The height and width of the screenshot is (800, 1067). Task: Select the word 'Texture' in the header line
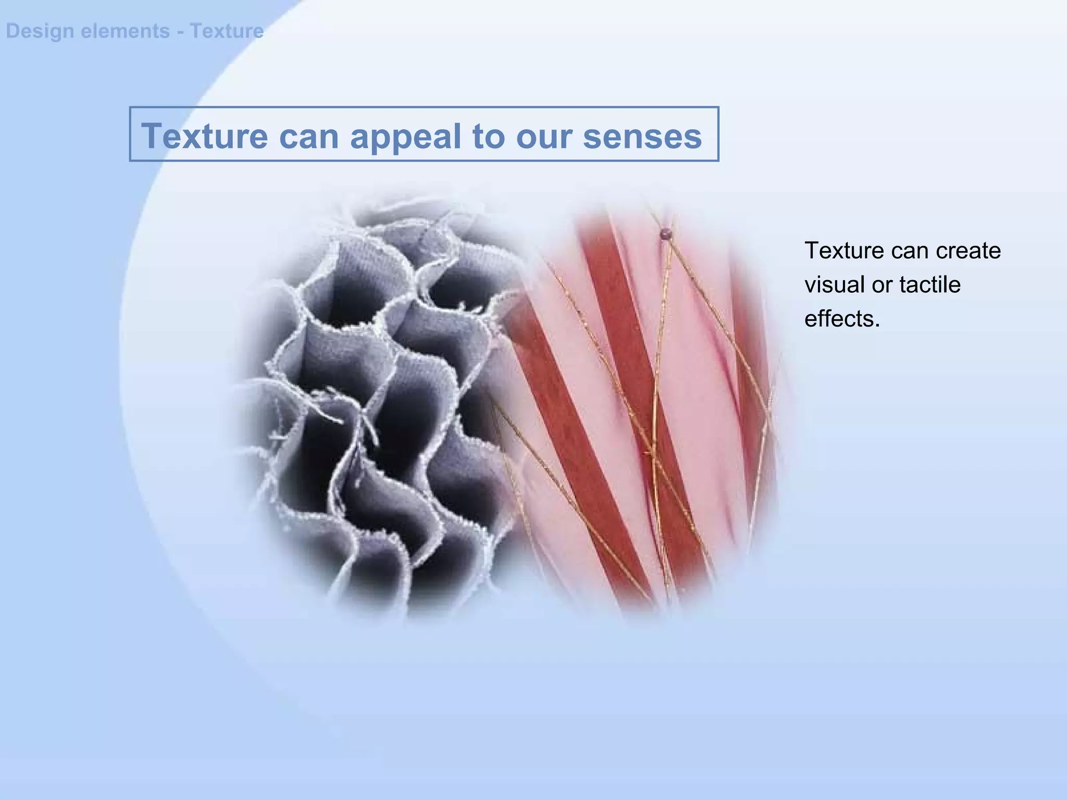coord(227,31)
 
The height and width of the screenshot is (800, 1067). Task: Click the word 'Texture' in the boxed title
coord(204,136)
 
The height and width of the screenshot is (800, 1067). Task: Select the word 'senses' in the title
coord(642,136)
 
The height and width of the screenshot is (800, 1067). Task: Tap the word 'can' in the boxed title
coord(309,136)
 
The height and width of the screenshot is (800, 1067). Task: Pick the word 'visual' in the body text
coord(830,285)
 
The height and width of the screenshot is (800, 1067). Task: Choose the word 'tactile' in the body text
coord(929,285)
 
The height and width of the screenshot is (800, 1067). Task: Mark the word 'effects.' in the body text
coord(842,319)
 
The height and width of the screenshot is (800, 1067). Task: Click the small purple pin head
coord(665,234)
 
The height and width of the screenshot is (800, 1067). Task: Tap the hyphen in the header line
coord(179,31)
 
